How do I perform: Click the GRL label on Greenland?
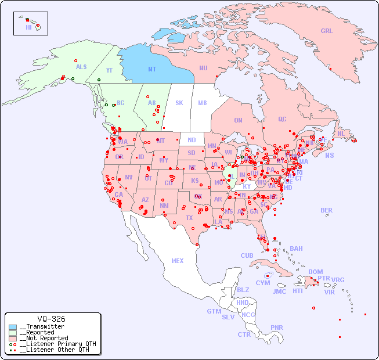pyautogui.click(x=327, y=31)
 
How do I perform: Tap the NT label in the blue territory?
pyautogui.click(x=152, y=69)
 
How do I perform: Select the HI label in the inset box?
pyautogui.click(x=28, y=27)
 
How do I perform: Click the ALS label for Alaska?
pyautogui.click(x=81, y=67)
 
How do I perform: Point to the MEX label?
pyautogui.click(x=178, y=261)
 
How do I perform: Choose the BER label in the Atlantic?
pyautogui.click(x=327, y=210)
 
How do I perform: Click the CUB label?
pyautogui.click(x=247, y=255)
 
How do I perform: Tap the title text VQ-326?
pyautogui.click(x=51, y=319)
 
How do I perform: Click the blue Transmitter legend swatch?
pyautogui.click(x=13, y=327)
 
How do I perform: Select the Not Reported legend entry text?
pyautogui.click(x=44, y=338)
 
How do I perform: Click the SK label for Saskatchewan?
pyautogui.click(x=179, y=103)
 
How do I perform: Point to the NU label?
pyautogui.click(x=203, y=68)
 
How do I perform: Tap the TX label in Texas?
pyautogui.click(x=189, y=218)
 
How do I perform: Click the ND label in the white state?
pyautogui.click(x=192, y=140)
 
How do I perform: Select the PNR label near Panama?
pyautogui.click(x=277, y=327)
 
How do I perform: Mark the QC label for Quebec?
pyautogui.click(x=282, y=119)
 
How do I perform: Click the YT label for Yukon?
pyautogui.click(x=109, y=70)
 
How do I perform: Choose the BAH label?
pyautogui.click(x=296, y=249)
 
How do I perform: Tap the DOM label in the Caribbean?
pyautogui.click(x=316, y=272)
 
